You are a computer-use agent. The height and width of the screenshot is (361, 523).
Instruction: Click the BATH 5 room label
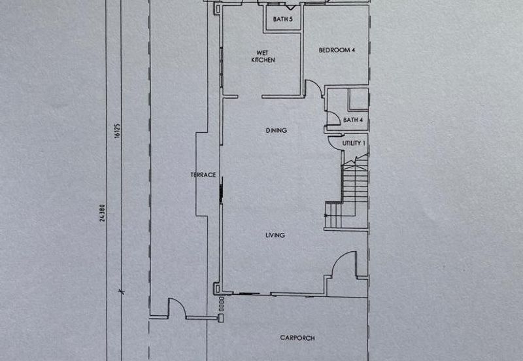click(x=282, y=19)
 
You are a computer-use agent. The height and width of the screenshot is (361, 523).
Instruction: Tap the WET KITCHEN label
click(x=263, y=56)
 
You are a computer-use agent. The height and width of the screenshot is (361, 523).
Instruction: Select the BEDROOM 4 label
click(x=337, y=50)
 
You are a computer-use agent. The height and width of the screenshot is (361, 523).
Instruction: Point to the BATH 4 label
click(x=353, y=120)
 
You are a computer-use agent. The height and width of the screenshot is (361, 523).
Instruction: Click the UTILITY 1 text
click(x=354, y=143)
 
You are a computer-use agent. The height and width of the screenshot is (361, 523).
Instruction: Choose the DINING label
click(x=276, y=130)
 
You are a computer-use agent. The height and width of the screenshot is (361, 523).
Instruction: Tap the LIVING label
click(x=275, y=235)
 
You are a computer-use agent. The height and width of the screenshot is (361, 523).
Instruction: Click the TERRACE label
click(x=203, y=175)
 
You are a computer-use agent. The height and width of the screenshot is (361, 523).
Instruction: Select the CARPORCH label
click(x=297, y=337)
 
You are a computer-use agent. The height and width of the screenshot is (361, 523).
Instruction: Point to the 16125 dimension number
click(x=117, y=131)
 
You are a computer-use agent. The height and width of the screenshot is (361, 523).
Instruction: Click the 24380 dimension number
click(x=102, y=213)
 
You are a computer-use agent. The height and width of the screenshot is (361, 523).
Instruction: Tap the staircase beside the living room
click(x=347, y=192)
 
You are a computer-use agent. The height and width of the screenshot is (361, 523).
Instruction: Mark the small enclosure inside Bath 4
click(x=358, y=99)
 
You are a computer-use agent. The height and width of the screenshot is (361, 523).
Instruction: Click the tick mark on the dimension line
click(x=122, y=292)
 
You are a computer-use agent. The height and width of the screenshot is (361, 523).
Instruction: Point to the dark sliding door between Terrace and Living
click(x=221, y=191)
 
